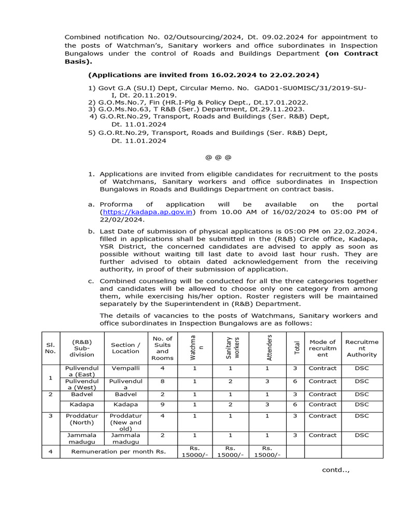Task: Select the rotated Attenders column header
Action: point(269,347)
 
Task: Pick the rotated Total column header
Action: point(296,347)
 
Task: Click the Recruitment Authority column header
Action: point(362,348)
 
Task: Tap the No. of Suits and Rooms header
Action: point(162,348)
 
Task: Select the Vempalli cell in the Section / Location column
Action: point(125,368)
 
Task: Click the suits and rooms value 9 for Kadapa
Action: point(162,404)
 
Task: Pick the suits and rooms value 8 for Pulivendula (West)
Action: point(162,381)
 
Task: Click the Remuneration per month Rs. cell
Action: point(118,452)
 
